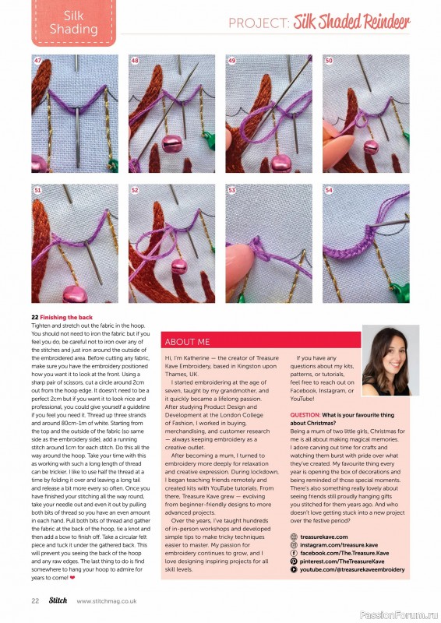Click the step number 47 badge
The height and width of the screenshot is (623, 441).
37,60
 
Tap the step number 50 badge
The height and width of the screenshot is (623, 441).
329,60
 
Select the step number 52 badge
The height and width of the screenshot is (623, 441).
135,189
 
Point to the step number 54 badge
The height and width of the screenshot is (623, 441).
329,189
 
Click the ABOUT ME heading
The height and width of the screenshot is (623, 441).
187,342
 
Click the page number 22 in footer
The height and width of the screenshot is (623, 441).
35,600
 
